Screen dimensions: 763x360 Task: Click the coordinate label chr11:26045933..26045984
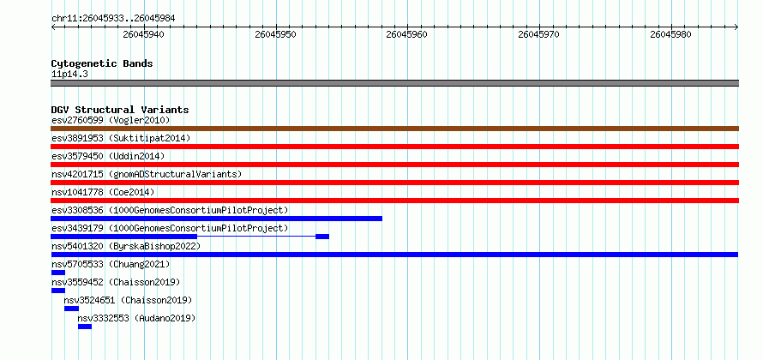113,19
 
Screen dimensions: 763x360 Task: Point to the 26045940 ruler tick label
143,34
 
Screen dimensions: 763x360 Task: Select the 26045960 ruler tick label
407,34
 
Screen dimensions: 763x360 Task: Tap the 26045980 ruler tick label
670,34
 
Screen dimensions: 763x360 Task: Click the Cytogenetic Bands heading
102,63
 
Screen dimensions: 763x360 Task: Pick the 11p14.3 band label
69,75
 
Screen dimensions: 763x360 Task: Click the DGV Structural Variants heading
120,110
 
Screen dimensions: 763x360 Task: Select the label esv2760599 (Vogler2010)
111,120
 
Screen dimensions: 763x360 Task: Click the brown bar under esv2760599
394,129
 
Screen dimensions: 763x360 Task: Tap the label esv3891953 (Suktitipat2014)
121,138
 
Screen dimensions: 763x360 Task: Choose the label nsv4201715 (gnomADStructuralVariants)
147,174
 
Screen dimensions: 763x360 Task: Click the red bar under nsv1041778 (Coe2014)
394,201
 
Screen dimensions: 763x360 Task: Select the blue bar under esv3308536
217,219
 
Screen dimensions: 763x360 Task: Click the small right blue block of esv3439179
322,237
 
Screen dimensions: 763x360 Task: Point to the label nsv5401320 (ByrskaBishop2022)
126,246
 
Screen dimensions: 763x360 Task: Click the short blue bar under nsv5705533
58,273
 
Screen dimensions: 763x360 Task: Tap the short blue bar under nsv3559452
58,291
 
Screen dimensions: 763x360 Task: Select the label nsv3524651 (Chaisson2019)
128,300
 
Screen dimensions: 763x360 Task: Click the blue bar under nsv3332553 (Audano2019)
85,327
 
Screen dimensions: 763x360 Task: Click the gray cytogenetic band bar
394,83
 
